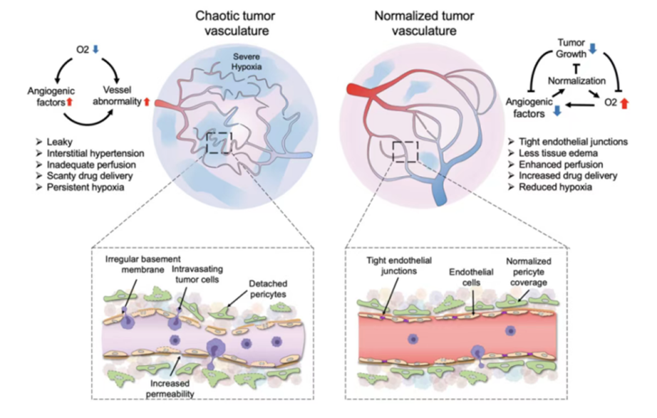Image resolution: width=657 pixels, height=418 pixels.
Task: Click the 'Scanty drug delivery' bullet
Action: pyautogui.click(x=78, y=174)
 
